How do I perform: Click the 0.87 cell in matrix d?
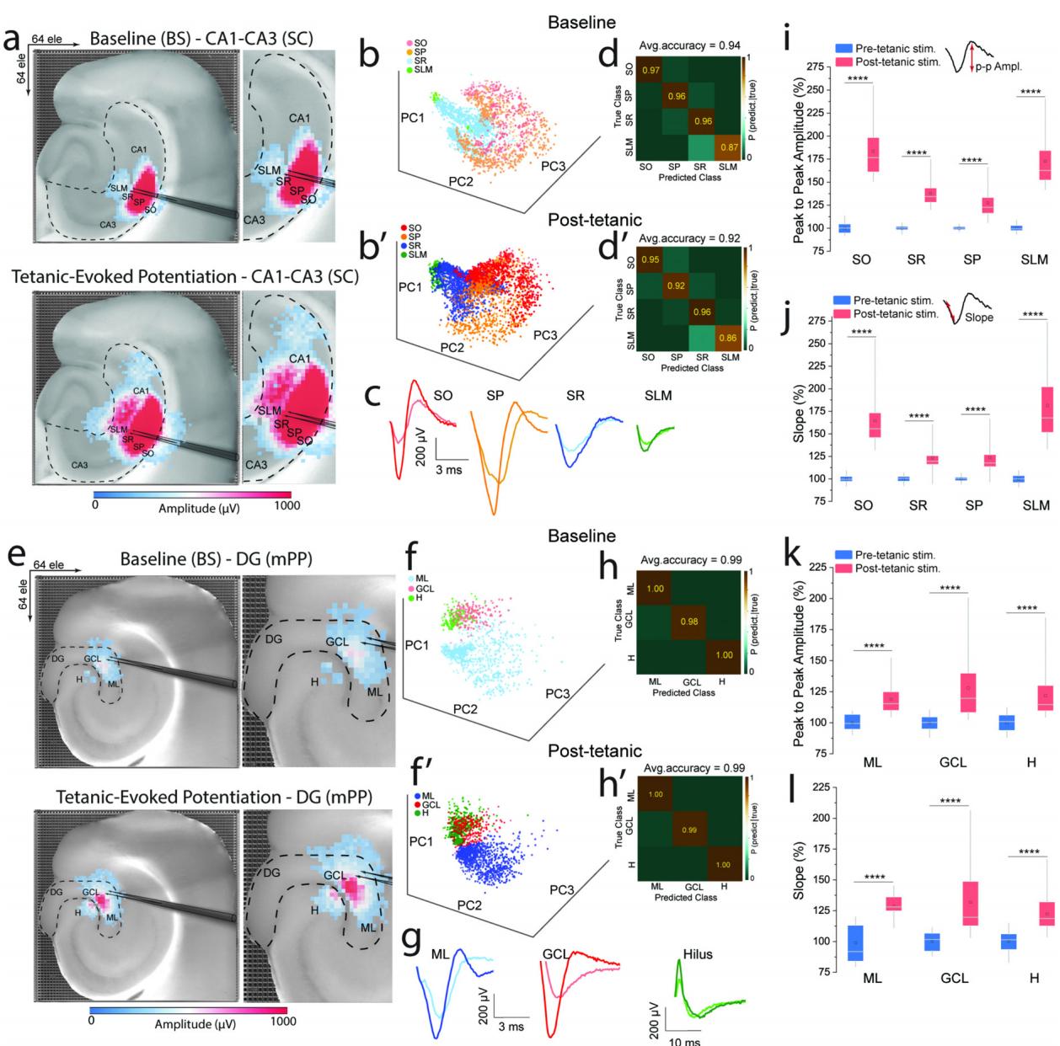point(727,148)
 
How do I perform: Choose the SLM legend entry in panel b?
point(422,69)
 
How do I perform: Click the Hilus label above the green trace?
point(698,954)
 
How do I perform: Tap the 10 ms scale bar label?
point(684,1041)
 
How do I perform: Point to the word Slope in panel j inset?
point(979,318)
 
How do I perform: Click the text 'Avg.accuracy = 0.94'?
point(688,45)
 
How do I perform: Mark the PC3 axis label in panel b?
point(553,166)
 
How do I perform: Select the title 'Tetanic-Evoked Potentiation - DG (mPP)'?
point(214,797)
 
